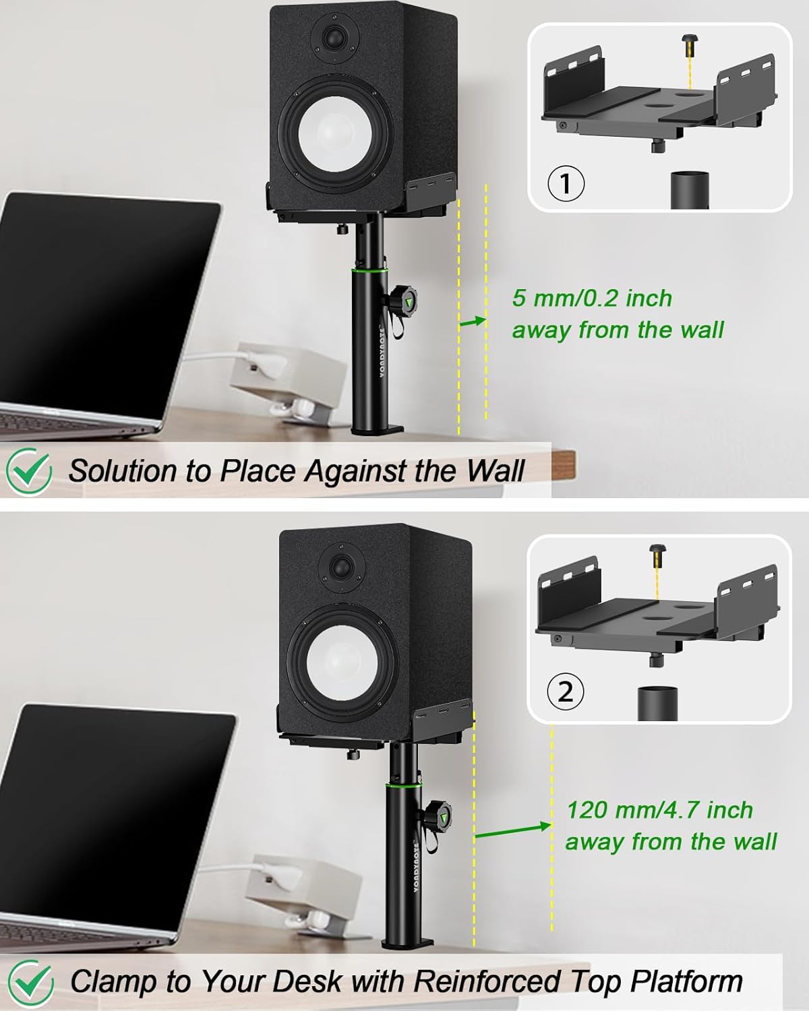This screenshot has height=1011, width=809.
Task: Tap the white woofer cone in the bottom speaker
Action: [338, 663]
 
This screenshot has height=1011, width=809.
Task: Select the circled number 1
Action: [566, 183]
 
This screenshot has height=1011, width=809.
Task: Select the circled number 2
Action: [565, 692]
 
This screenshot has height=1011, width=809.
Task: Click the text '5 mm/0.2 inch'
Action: [592, 298]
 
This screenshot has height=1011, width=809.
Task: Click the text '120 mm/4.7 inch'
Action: [659, 809]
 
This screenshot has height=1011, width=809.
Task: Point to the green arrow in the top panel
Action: [473, 322]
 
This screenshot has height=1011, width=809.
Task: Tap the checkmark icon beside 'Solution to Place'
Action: [28, 471]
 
